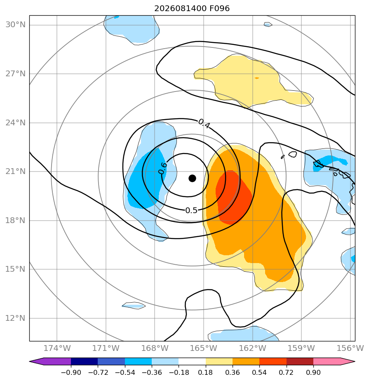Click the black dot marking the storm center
(x=192, y=178)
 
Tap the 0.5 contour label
(x=191, y=210)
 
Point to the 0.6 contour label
(x=163, y=168)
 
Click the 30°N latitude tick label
(x=15, y=25)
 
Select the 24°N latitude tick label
(x=15, y=123)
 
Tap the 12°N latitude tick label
(x=15, y=318)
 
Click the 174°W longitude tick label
(x=57, y=348)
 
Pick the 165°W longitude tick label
(x=204, y=348)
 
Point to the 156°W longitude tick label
(x=350, y=348)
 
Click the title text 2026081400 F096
(x=192, y=9)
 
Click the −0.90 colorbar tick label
(x=71, y=372)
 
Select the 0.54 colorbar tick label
(x=259, y=372)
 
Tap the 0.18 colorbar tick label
(x=205, y=372)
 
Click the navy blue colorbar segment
(x=84, y=361)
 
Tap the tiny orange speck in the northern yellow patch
(x=257, y=78)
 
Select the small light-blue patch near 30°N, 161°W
(x=268, y=24)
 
